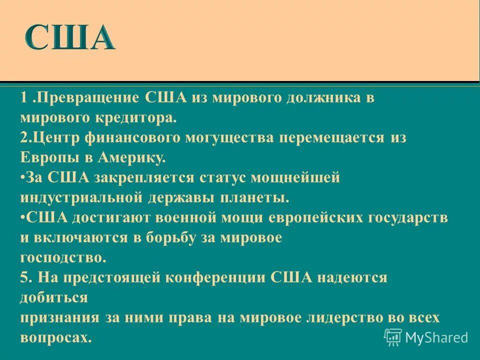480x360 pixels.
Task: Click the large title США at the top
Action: click(x=70, y=37)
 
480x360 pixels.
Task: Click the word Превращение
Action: click(x=89, y=97)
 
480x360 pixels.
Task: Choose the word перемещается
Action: click(x=332, y=137)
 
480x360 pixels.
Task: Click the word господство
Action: click(x=63, y=257)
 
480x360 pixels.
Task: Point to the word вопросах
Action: click(x=56, y=337)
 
